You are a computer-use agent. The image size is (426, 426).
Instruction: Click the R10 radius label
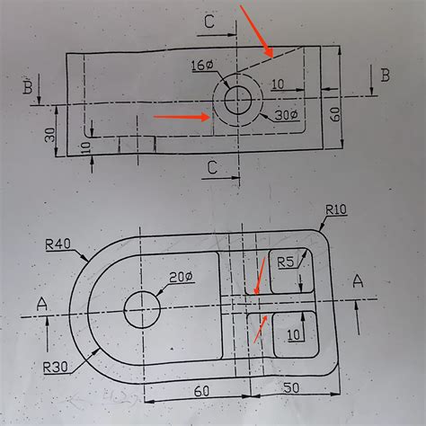pyautogui.click(x=336, y=209)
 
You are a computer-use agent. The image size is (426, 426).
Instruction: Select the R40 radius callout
pyautogui.click(x=58, y=243)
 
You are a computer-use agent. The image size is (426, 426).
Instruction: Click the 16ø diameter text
pyautogui.click(x=202, y=65)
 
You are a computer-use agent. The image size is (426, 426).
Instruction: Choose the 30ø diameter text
pyautogui.click(x=286, y=115)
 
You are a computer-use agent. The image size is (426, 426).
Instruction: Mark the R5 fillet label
pyautogui.click(x=287, y=262)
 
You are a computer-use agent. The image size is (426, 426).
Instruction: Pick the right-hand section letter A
pyautogui.click(x=359, y=281)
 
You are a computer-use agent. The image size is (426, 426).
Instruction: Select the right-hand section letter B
pyautogui.click(x=385, y=75)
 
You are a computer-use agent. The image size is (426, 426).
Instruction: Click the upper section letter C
pyautogui.click(x=209, y=22)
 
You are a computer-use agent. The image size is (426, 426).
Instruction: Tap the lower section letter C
pyautogui.click(x=212, y=166)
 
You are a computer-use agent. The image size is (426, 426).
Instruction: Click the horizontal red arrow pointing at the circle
pyautogui.click(x=182, y=116)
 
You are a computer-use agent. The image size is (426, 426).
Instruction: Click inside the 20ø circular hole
pyautogui.click(x=142, y=309)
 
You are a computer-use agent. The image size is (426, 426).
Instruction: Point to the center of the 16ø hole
pyautogui.click(x=238, y=99)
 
